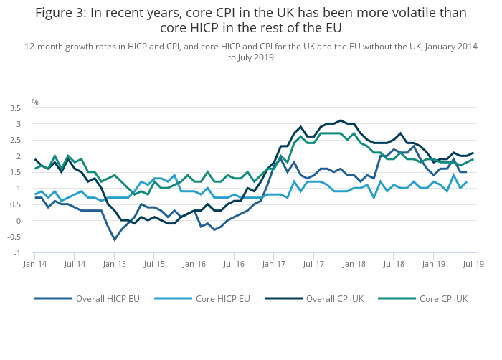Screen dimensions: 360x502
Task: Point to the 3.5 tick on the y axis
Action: pos(16,108)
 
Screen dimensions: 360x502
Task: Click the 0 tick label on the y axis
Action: pos(19,220)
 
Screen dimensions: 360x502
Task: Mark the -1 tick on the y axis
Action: pos(18,252)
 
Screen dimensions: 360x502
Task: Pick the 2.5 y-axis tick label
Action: pos(16,141)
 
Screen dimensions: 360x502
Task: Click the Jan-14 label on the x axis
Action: pos(34,265)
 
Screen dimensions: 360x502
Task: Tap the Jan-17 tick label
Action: pos(273,265)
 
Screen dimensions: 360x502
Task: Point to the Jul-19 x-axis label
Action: pos(471,265)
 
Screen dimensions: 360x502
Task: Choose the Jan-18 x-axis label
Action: pos(352,265)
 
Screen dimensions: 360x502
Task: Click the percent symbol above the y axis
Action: pos(34,103)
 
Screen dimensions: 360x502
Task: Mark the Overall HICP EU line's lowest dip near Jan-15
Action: pos(114,239)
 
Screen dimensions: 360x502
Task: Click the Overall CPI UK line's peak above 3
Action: pos(341,120)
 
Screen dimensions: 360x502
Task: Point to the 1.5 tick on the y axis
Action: pos(16,172)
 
